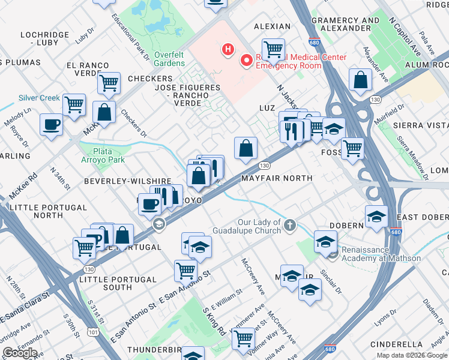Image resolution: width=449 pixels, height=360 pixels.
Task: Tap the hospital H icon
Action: point(228,49)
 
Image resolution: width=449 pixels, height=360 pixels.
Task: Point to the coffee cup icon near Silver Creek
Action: point(51,125)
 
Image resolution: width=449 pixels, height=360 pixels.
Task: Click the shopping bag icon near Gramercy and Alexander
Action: point(360,80)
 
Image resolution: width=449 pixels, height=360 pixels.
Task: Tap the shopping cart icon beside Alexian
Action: point(273,49)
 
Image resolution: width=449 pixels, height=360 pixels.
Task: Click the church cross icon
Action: point(290,226)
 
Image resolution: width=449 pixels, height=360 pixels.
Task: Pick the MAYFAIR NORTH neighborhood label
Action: point(277,178)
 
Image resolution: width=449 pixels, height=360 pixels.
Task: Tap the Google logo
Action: point(20,353)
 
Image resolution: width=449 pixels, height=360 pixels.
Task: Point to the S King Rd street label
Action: point(214,322)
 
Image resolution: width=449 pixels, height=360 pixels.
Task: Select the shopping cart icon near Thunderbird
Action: point(244,338)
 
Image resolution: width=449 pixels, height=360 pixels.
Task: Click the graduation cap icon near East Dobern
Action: point(376,217)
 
